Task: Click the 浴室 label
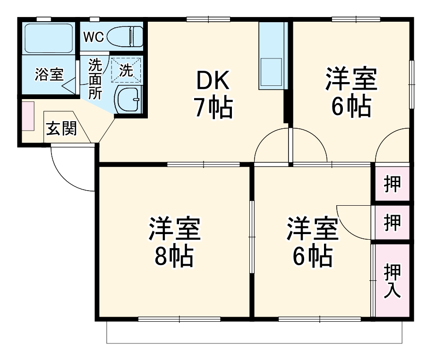click(x=49, y=74)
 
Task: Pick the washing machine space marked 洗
click(x=126, y=70)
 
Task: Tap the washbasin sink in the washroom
click(x=128, y=99)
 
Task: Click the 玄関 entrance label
click(x=61, y=129)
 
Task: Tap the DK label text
click(x=213, y=82)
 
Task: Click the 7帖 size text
click(x=213, y=109)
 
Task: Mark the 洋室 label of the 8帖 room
click(x=175, y=229)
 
